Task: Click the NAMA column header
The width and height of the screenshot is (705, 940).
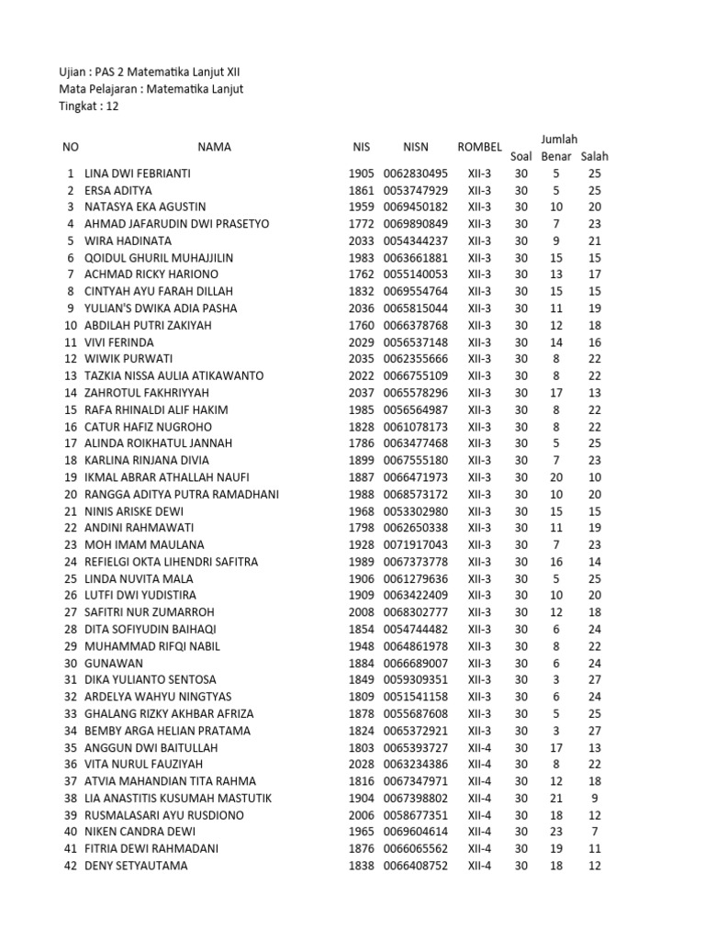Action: (x=214, y=147)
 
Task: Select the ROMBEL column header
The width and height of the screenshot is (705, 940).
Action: (x=479, y=147)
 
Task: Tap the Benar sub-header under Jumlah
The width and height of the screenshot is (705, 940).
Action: (x=555, y=156)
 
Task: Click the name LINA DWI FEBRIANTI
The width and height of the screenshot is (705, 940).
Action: (x=138, y=173)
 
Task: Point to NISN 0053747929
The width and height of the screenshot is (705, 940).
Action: (x=415, y=190)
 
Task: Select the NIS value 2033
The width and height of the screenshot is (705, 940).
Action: (x=362, y=241)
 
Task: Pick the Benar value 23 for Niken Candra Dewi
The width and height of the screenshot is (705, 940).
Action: (x=555, y=832)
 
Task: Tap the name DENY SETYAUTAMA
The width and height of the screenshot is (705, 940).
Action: (x=136, y=866)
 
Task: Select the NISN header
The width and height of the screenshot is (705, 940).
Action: (x=415, y=147)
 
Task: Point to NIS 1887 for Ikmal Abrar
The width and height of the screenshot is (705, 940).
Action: (x=362, y=477)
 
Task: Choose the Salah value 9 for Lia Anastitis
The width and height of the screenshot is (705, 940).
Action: (x=594, y=798)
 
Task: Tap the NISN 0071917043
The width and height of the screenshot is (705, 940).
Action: (x=415, y=544)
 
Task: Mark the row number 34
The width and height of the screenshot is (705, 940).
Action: (x=71, y=731)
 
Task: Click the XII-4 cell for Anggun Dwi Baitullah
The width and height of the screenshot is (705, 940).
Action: (x=479, y=747)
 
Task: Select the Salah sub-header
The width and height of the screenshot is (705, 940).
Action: (x=594, y=156)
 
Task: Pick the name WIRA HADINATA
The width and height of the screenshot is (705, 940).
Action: (x=128, y=241)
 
